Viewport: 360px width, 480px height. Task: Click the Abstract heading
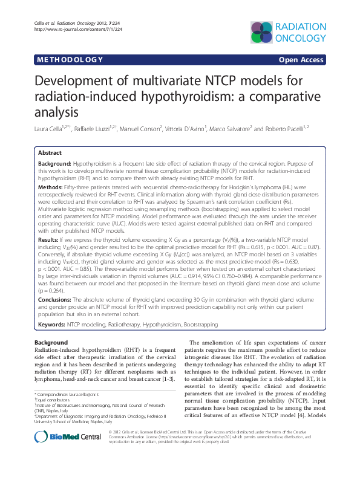pyautogui.click(x=50, y=154)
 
